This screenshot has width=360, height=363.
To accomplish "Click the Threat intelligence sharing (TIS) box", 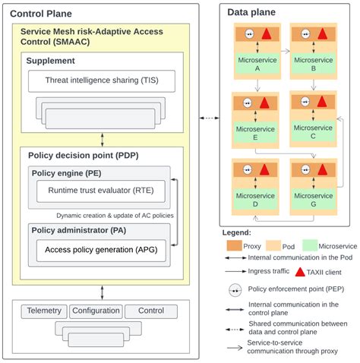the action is [102, 81].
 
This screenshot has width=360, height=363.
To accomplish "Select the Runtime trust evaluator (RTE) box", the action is [101, 191].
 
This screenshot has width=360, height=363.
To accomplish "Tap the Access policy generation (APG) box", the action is [101, 251].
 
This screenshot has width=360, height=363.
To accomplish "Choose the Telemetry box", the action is [44, 311].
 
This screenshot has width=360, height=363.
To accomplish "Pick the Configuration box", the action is [96, 311].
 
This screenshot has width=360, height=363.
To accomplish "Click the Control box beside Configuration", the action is [151, 311].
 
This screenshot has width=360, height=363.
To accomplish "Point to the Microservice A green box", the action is [257, 64].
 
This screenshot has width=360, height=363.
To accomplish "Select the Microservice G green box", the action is [314, 199].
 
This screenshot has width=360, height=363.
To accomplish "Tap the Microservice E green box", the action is [255, 132].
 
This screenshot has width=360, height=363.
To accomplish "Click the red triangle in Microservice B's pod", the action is [322, 34].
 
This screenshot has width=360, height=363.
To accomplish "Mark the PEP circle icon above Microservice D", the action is [248, 169].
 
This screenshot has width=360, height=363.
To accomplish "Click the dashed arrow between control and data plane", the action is [210, 118].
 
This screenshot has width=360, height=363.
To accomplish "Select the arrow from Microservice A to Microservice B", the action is [286, 52].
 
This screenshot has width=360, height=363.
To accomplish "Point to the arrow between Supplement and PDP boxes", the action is [103, 140].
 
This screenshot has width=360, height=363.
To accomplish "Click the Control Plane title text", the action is [41, 14].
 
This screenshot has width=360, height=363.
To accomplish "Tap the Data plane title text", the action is [251, 12].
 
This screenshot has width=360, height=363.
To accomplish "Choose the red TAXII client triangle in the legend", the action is [300, 272].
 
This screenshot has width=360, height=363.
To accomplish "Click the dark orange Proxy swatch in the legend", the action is [234, 246].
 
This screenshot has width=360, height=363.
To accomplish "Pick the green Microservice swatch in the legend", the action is [310, 245].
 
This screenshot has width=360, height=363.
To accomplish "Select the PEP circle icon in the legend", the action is [235, 290].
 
